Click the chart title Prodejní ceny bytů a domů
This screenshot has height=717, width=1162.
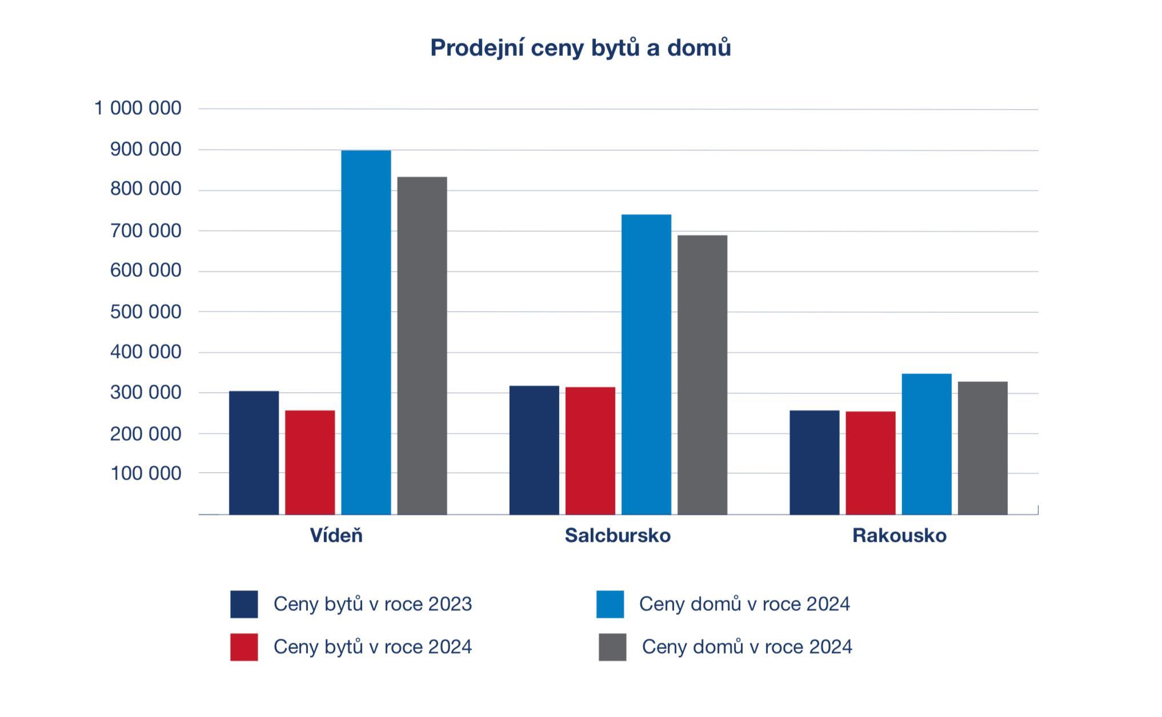click(580, 48)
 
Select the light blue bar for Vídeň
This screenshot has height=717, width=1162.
click(366, 332)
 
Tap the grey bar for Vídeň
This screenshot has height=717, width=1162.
click(422, 345)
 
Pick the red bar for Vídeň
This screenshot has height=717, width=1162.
click(310, 462)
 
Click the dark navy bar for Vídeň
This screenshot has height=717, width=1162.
click(254, 453)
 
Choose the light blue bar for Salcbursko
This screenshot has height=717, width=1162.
click(646, 364)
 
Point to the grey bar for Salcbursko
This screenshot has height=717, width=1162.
click(702, 374)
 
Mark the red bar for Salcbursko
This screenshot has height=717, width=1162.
click(590, 450)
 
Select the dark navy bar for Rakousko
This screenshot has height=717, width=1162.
click(814, 462)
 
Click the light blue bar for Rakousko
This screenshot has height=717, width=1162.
click(927, 444)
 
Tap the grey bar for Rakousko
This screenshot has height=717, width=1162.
click(983, 448)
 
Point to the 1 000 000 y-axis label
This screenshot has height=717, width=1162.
click(138, 108)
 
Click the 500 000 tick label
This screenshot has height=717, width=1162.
click(146, 312)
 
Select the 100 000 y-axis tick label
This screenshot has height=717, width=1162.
click(146, 473)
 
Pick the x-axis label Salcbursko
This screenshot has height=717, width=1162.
click(618, 535)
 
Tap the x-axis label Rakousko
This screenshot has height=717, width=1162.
click(899, 535)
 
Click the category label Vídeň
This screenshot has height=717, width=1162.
click(336, 535)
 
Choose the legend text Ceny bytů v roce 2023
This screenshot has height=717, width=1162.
click(372, 604)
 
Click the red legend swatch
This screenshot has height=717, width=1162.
click(244, 647)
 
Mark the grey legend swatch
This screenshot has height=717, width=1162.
click(612, 647)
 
